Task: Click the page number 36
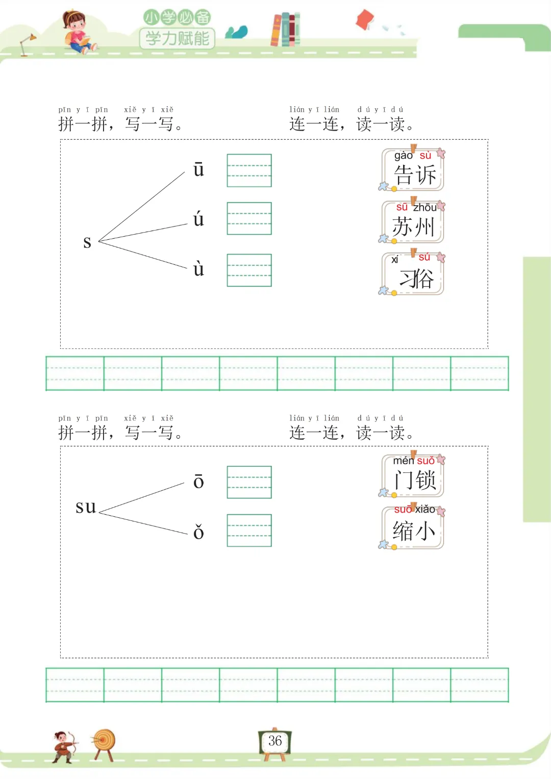[x=275, y=741]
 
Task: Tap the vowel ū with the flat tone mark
[x=198, y=169]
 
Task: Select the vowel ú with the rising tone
[x=198, y=219]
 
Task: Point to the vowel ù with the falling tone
[x=198, y=268]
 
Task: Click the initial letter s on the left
[x=87, y=242]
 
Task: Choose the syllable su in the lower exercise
[x=86, y=507]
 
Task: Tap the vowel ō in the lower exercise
[x=198, y=482]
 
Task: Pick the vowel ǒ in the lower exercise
[x=198, y=532]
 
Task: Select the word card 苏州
[x=414, y=222]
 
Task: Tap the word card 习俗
[x=414, y=274]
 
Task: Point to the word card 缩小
[x=414, y=527]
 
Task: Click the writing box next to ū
[x=249, y=170]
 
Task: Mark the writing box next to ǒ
[x=249, y=531]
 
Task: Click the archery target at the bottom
[x=105, y=742]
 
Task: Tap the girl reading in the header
[x=77, y=32]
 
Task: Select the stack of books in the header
[x=286, y=29]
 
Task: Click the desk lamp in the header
[x=27, y=44]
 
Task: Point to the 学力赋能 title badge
[x=177, y=38]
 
